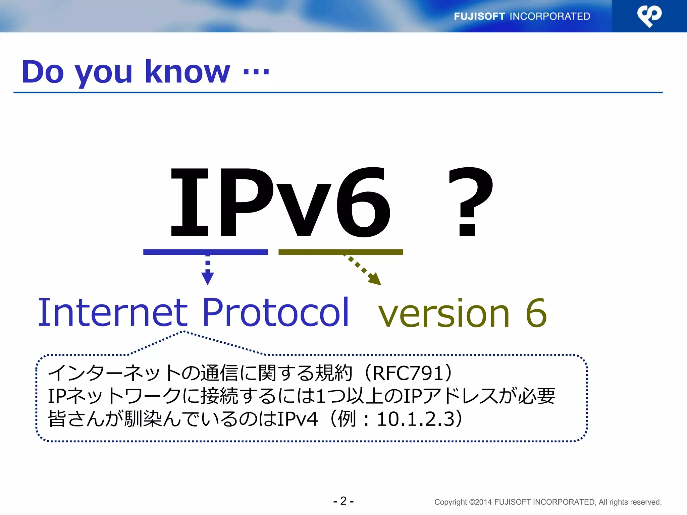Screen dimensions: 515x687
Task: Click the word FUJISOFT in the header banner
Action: point(479,16)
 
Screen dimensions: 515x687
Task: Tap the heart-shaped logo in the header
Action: point(649,16)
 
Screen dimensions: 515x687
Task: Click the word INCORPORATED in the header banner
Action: point(550,16)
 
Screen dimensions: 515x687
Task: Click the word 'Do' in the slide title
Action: point(43,72)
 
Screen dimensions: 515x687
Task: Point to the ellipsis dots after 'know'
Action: point(256,72)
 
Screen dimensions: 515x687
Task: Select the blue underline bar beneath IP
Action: point(205,252)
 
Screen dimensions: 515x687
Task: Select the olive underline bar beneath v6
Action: point(340,252)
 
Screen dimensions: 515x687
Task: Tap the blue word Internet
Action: point(112,312)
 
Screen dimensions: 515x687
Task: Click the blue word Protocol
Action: point(276,312)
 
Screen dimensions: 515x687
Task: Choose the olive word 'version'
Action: point(443,314)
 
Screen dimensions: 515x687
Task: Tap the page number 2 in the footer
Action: point(343,501)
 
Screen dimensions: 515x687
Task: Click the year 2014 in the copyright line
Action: point(483,502)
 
